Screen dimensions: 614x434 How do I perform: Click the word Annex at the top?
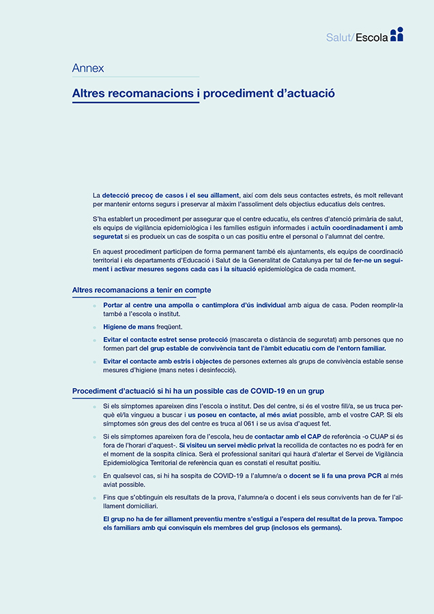[x=88, y=68]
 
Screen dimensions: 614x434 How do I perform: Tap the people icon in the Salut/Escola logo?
[x=397, y=34]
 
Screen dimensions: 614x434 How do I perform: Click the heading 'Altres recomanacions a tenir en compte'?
[x=141, y=291]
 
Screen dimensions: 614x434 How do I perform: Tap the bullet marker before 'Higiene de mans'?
[x=95, y=327]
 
